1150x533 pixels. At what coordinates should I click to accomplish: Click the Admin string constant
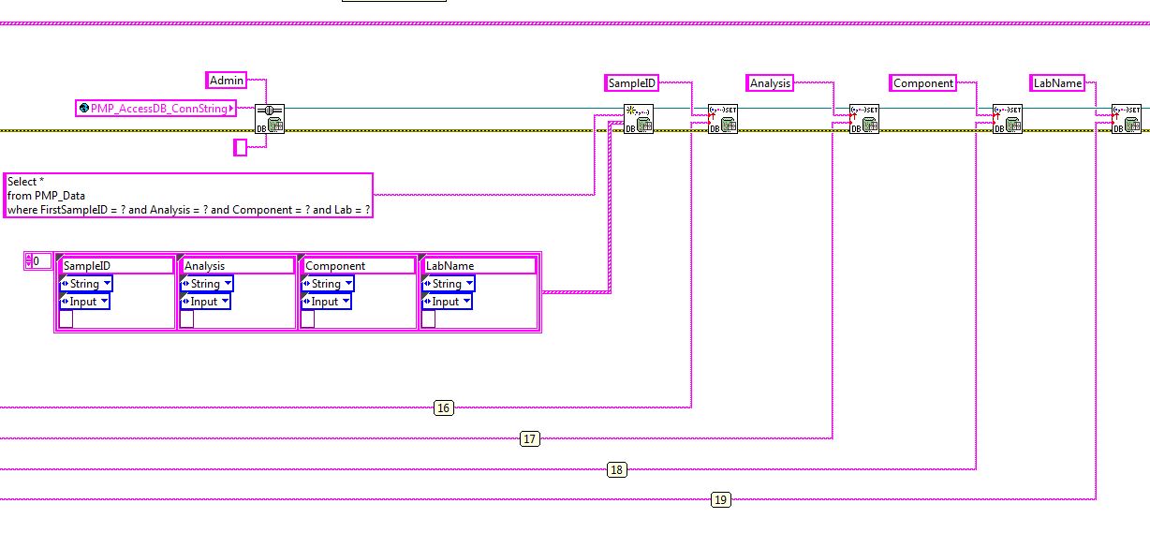(x=227, y=81)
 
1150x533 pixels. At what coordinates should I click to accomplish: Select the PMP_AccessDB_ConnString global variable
(x=155, y=109)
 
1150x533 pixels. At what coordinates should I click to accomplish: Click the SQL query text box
(x=188, y=195)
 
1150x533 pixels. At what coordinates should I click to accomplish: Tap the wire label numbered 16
(x=444, y=407)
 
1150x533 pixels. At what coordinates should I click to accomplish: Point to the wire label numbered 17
(x=530, y=438)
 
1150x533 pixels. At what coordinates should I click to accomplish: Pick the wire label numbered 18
(x=616, y=469)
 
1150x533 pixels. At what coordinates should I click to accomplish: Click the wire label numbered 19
(x=720, y=499)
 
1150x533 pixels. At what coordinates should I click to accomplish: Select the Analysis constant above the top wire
(x=770, y=83)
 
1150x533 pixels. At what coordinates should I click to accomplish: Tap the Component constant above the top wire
(x=922, y=83)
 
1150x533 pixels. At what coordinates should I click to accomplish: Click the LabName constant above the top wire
(x=1057, y=83)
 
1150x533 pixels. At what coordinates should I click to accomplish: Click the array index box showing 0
(x=37, y=260)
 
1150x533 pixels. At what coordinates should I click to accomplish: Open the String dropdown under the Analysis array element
(x=206, y=284)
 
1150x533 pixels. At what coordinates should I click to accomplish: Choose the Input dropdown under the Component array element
(x=327, y=302)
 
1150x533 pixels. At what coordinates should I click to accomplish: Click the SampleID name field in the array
(x=116, y=266)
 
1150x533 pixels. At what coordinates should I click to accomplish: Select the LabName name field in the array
(x=479, y=266)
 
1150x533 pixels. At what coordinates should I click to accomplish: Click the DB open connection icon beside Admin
(x=270, y=119)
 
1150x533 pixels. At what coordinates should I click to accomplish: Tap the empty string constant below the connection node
(x=240, y=147)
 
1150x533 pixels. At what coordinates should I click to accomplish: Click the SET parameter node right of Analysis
(x=862, y=119)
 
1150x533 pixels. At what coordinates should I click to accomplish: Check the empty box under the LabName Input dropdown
(x=428, y=319)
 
